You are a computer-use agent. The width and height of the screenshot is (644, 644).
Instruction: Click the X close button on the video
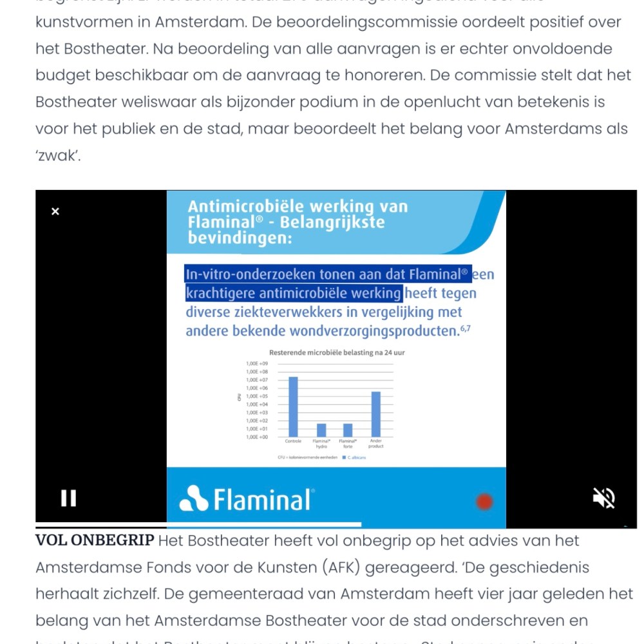tap(55, 211)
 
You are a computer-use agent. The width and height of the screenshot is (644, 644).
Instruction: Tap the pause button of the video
tap(69, 498)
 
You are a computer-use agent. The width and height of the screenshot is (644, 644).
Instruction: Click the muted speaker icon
tap(604, 498)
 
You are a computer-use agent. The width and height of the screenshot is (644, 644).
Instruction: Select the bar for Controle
tap(293, 406)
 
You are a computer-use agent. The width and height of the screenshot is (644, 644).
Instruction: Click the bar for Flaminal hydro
tap(321, 430)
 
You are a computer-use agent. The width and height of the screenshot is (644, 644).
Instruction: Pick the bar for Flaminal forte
tap(348, 430)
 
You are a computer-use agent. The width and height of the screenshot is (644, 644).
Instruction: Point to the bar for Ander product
tap(376, 414)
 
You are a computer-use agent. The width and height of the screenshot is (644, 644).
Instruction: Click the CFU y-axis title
tap(238, 397)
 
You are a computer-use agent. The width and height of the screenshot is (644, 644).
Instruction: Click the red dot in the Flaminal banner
tap(484, 502)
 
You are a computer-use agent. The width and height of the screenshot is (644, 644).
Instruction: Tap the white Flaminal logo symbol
tap(194, 498)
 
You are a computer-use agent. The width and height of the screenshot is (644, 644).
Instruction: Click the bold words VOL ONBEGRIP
tap(95, 540)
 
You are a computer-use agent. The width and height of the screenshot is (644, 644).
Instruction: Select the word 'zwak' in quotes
tap(58, 156)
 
